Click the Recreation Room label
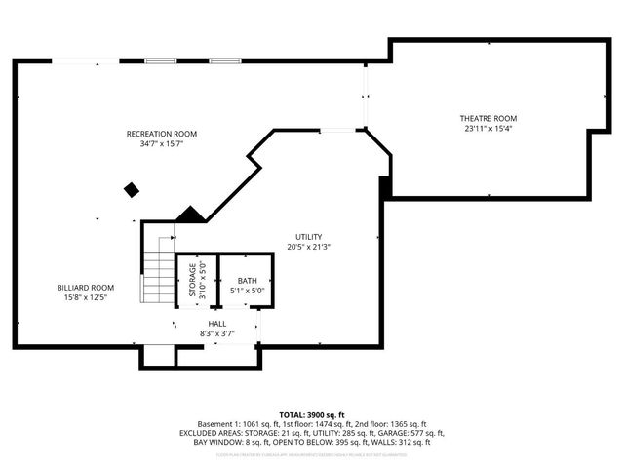click(162, 134)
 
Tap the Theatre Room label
click(487, 118)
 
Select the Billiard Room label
click(85, 288)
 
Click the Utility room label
click(309, 237)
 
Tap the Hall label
click(216, 323)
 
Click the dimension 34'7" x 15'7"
click(162, 143)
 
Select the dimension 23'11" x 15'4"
click(487, 128)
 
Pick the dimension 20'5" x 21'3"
click(309, 247)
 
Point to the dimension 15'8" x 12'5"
click(85, 297)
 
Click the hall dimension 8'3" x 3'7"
click(216, 332)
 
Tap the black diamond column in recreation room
click(132, 189)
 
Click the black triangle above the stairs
click(189, 214)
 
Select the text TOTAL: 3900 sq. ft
click(311, 415)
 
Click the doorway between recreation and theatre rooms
click(367, 97)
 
